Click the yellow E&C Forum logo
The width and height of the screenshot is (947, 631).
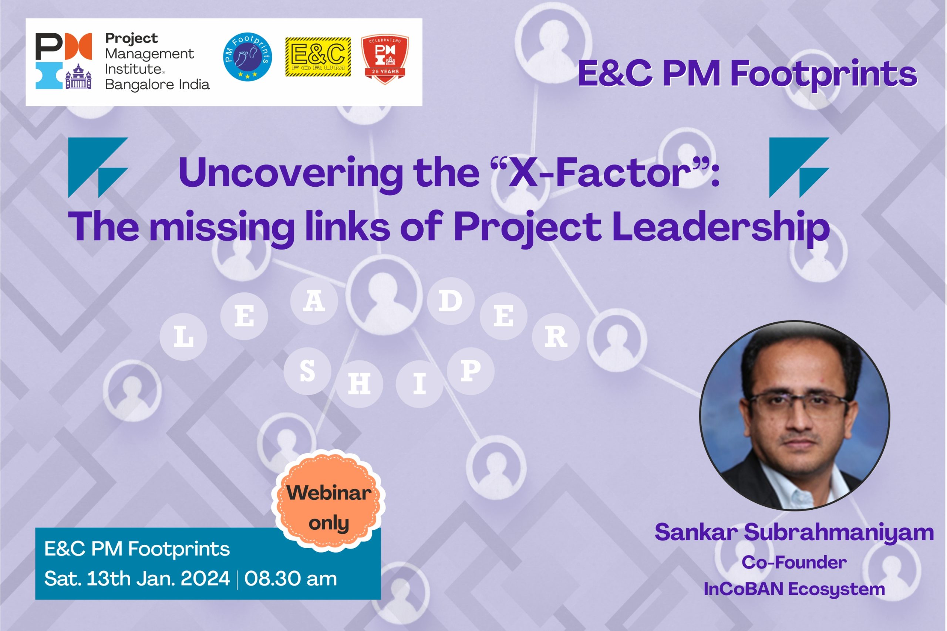point(318,57)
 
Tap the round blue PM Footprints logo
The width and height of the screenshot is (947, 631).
point(247,57)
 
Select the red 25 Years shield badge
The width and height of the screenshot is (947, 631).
point(385,59)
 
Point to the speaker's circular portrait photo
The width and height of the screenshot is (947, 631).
point(795,415)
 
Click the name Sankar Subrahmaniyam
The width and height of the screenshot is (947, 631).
point(794,532)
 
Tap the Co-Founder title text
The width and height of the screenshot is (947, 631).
point(794,562)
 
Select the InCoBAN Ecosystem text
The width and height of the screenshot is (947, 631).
point(794,589)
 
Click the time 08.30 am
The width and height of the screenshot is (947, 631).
point(290,579)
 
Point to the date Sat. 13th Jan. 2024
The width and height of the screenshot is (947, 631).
point(137,579)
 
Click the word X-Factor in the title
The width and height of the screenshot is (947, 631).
point(600,173)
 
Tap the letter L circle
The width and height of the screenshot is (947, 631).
point(183,337)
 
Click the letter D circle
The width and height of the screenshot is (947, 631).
point(451,301)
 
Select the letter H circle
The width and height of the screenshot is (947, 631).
point(359,384)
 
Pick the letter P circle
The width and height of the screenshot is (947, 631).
point(470,371)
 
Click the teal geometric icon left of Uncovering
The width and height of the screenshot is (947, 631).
point(98,167)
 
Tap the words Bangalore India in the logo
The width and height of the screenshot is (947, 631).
point(157,85)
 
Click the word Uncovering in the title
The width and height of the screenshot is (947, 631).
point(291,173)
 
